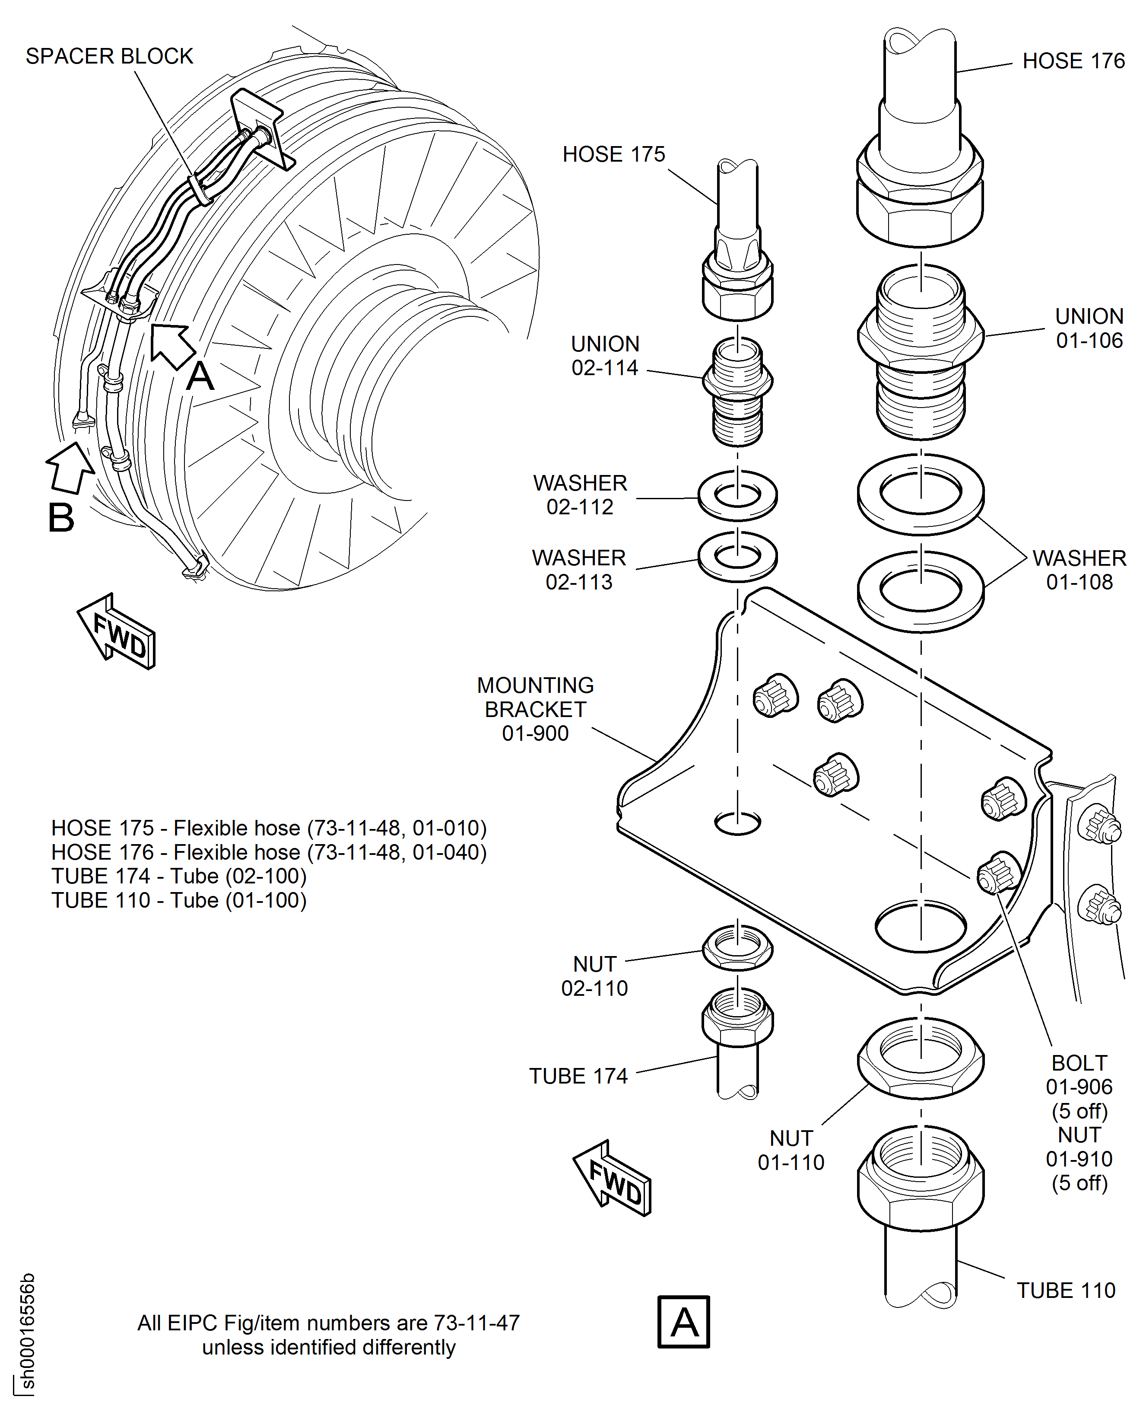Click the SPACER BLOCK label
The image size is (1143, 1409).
pos(109,56)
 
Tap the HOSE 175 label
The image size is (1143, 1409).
pos(614,154)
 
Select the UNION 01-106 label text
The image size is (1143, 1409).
pos(1089,328)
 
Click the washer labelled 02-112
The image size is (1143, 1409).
pos(737,495)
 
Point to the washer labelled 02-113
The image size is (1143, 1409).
pos(737,557)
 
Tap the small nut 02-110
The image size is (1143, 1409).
pos(737,947)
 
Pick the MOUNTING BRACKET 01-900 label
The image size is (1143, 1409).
pos(535,709)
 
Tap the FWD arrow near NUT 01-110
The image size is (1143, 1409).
pos(613,1178)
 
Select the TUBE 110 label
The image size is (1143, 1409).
pos(1066,1290)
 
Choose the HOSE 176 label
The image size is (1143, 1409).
pos(1073,61)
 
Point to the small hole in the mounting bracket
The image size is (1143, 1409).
pos(737,822)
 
